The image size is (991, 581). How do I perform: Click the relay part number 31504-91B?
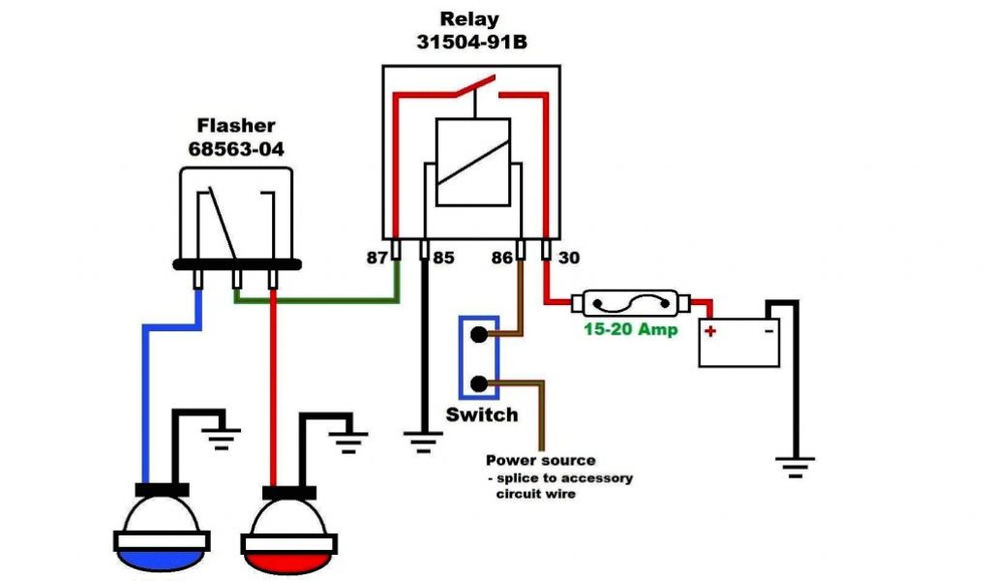471,42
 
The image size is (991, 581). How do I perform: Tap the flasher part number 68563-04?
236,149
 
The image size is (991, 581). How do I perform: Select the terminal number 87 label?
377,258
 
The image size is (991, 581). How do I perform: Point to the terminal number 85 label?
443,258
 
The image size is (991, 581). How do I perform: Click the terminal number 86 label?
502,258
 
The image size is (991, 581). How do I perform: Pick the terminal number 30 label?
569,258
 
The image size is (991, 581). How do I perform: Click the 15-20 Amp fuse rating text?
630,329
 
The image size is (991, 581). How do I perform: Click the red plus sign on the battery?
710,330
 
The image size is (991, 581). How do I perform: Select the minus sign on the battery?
769,330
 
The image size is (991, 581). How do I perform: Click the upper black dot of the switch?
479,334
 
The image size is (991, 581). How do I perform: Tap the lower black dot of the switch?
479,383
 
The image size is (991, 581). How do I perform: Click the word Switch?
482,414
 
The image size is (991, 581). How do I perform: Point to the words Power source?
540,460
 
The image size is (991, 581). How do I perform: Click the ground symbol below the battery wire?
796,467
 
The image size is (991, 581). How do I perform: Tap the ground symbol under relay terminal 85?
424,442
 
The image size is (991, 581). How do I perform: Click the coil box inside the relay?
472,162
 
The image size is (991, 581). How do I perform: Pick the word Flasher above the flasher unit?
236,125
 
